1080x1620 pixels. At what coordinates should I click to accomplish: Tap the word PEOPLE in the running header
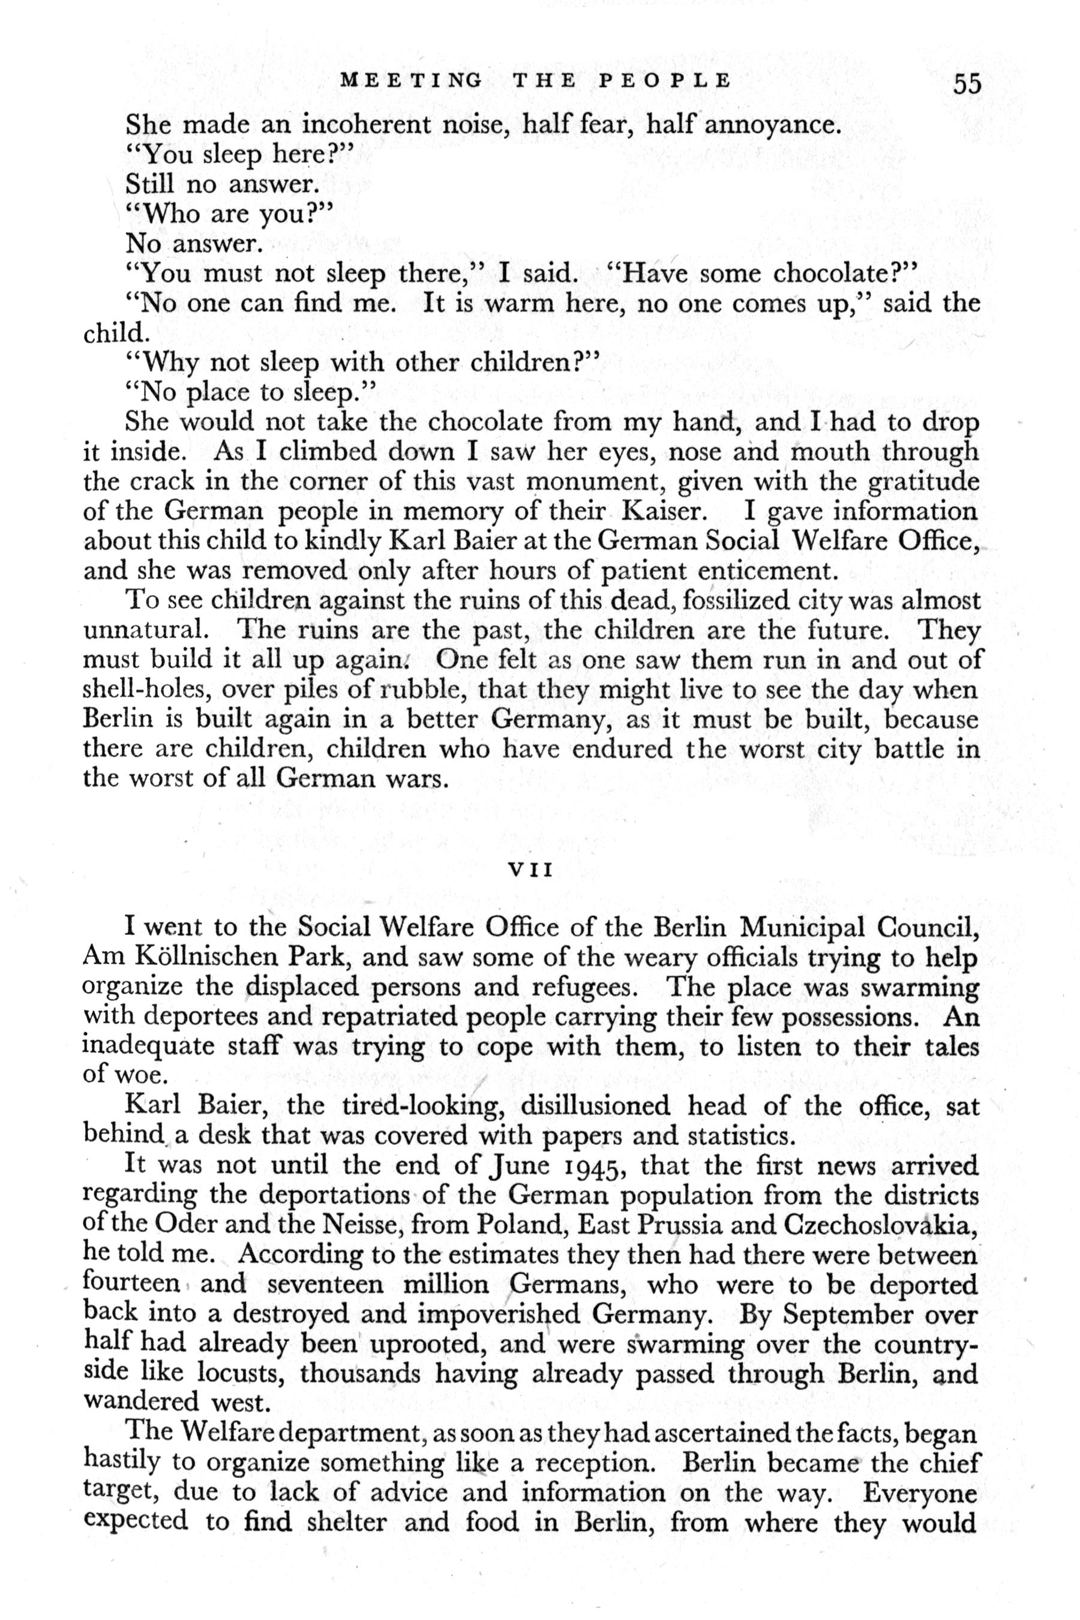(x=665, y=80)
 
